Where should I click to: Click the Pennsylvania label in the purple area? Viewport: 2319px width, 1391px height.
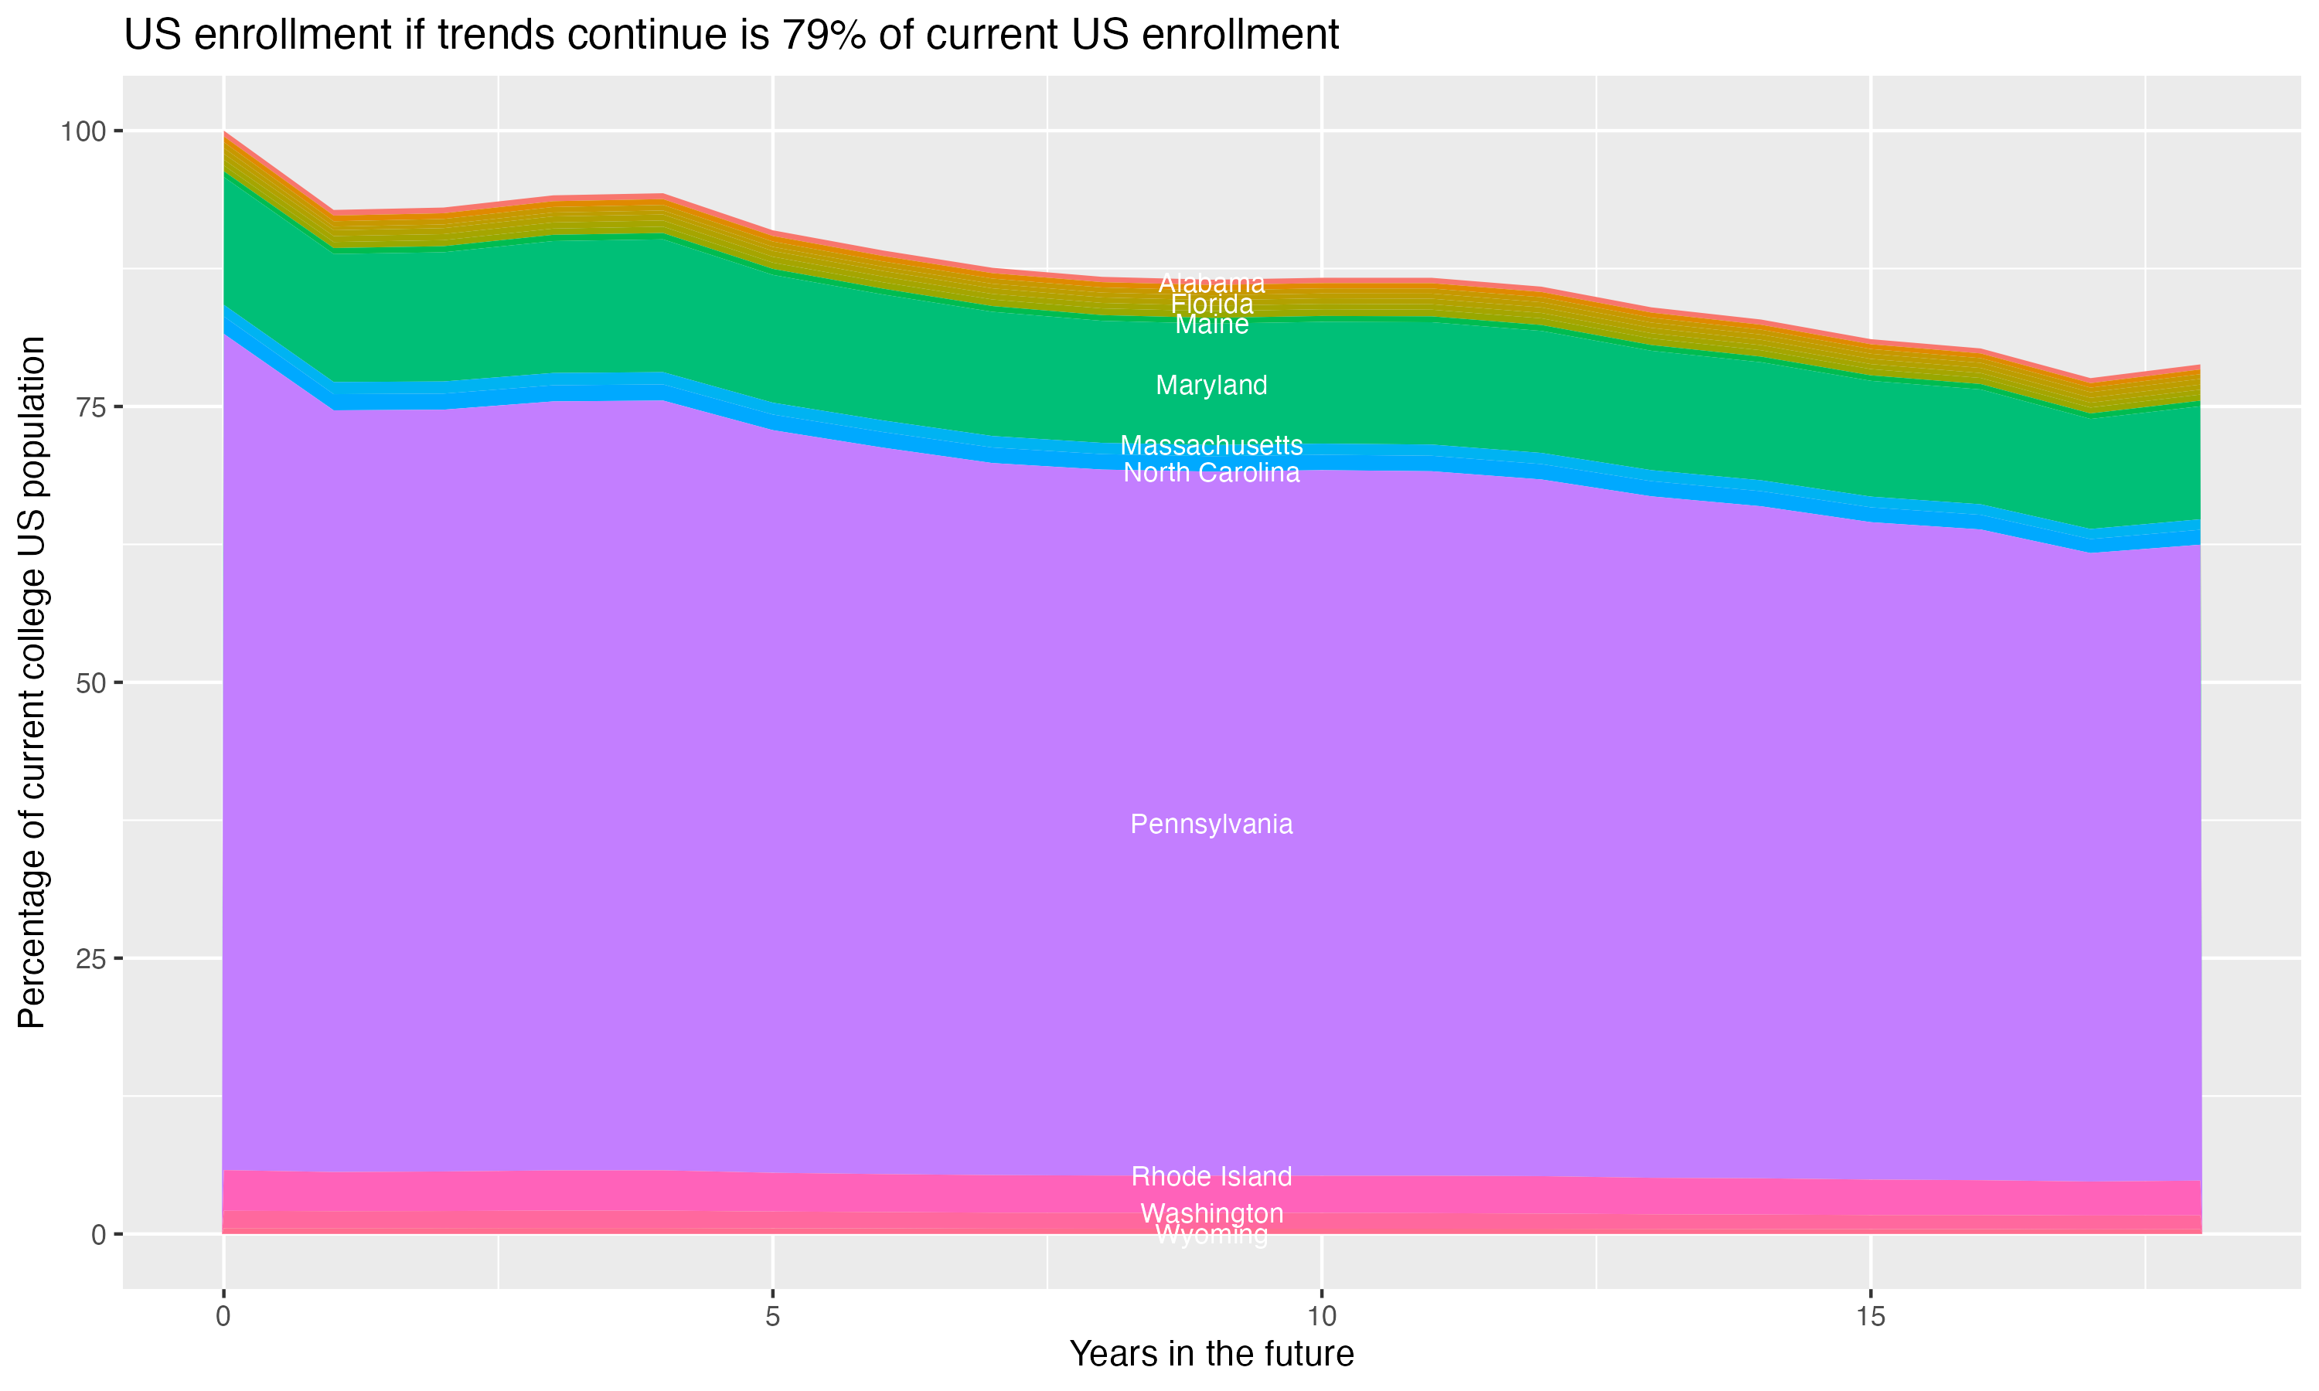coord(1211,824)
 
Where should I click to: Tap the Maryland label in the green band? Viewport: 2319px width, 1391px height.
coord(1211,386)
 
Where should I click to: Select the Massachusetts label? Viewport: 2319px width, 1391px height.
coord(1211,445)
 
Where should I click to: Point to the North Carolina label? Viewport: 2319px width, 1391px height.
coord(1211,472)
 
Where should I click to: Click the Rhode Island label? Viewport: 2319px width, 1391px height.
coord(1211,1176)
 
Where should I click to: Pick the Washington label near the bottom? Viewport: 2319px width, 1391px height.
coord(1211,1213)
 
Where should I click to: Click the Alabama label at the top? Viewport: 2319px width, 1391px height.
coord(1211,283)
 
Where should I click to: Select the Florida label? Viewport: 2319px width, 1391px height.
coord(1211,304)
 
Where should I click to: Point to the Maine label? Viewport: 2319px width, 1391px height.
coord(1211,325)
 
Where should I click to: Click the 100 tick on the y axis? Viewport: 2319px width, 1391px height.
coord(83,131)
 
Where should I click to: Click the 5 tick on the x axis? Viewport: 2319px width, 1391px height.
coord(772,1317)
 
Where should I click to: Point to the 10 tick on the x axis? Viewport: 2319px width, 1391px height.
coord(1321,1317)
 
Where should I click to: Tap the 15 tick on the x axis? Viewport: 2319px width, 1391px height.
coord(1870,1317)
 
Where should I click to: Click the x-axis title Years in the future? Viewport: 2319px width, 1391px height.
coord(1211,1353)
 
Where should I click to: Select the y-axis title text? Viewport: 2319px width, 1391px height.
coord(32,682)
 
